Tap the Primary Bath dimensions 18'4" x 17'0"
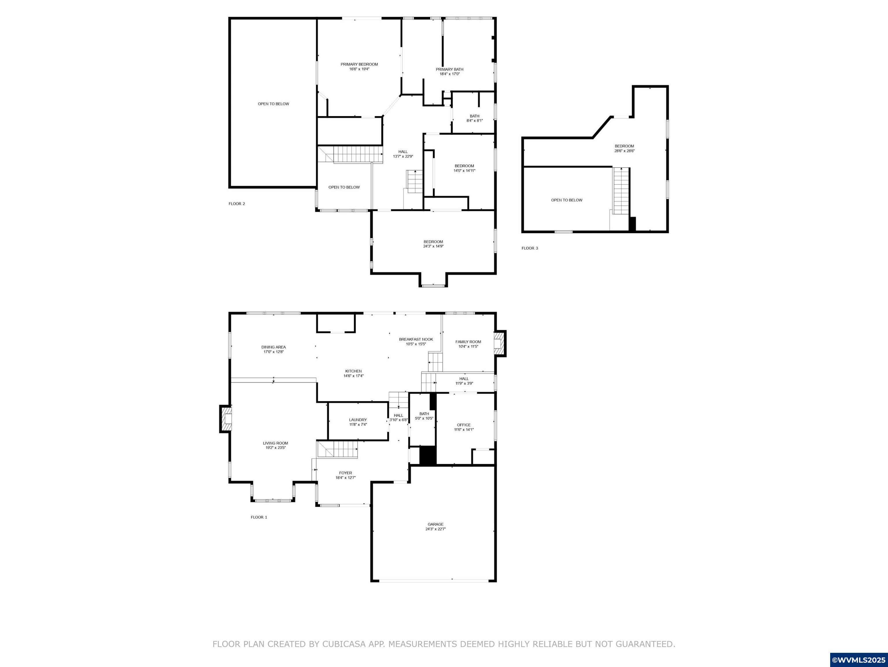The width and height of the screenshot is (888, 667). coord(450,74)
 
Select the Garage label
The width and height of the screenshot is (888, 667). coord(435,524)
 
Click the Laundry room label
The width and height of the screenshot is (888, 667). coord(358,420)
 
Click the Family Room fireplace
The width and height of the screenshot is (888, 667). coord(499,343)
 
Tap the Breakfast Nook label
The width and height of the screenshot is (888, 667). coord(416,339)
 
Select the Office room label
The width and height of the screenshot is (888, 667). coord(464,425)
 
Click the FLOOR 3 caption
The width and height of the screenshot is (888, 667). coord(529,248)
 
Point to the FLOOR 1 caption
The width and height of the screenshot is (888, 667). coord(259,517)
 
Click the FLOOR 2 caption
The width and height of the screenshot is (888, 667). coord(237,204)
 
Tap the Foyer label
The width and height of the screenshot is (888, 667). coord(345,473)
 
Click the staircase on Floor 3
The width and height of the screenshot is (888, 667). coord(620,191)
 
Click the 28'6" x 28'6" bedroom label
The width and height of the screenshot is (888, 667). coord(624,146)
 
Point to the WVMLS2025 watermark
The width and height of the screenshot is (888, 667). coord(858,660)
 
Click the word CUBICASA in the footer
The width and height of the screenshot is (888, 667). coord(344,644)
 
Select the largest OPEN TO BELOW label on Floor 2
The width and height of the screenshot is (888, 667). coord(273,104)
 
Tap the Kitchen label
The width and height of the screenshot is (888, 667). coord(353,371)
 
